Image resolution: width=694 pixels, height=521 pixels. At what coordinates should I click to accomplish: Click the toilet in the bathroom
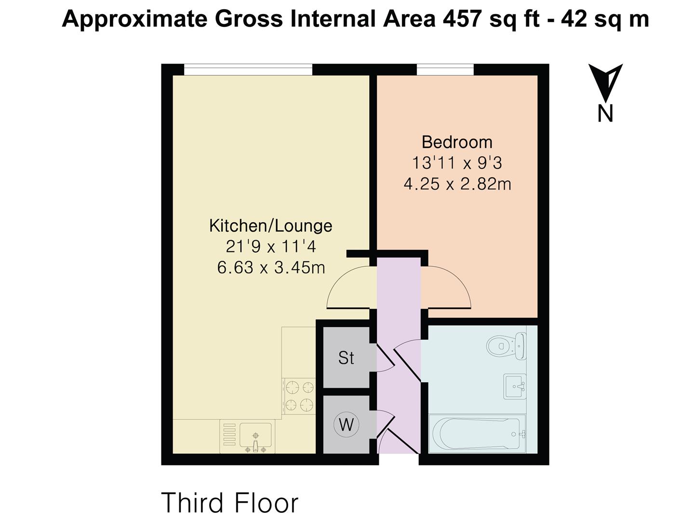pos(506,346)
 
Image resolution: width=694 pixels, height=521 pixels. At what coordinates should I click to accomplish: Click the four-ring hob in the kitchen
pos(299,396)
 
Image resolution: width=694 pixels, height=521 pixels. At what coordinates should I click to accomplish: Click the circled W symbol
pos(346,425)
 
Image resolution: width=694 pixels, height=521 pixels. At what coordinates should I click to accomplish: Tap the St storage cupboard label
pos(346,358)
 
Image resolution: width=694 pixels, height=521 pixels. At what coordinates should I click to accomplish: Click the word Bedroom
pos(457,142)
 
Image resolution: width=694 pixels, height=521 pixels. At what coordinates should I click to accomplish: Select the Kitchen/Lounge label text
pos(271,226)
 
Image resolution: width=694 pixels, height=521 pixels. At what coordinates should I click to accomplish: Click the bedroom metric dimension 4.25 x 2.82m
pos(457,184)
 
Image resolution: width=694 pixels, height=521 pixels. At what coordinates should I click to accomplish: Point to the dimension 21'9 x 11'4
pos(271,247)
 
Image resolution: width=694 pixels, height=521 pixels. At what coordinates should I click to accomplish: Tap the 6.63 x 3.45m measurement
pos(271,267)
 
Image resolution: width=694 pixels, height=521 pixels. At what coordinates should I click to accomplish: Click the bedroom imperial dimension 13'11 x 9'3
pos(457,163)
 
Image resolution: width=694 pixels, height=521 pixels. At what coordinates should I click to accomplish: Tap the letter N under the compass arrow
pos(605,113)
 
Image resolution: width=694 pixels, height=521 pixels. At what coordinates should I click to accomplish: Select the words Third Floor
pos(230,503)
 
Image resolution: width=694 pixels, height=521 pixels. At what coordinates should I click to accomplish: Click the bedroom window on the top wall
pos(445,70)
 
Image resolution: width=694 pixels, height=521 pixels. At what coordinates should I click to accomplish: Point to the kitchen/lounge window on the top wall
pos(248,70)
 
